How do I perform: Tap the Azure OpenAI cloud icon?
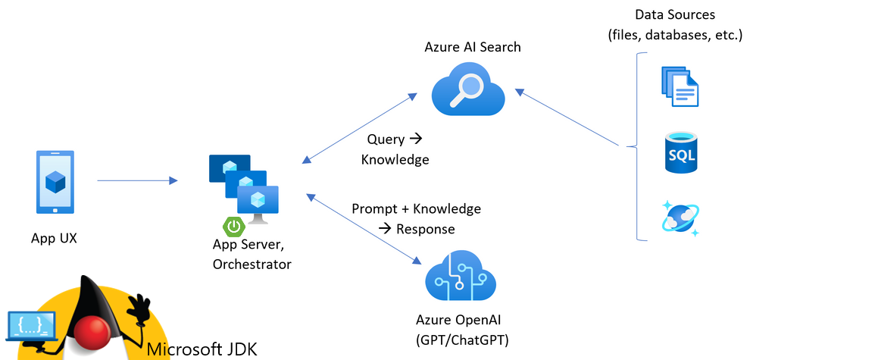(x=461, y=276)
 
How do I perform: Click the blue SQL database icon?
(x=680, y=152)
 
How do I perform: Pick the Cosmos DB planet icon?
(x=680, y=218)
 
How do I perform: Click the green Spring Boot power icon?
(x=233, y=226)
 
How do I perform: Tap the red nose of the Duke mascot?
(x=95, y=331)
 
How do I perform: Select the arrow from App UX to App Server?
(x=137, y=180)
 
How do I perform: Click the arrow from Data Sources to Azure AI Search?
(x=567, y=117)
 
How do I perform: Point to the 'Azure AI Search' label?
(x=473, y=47)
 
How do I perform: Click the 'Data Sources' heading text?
(x=674, y=14)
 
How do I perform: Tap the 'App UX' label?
(x=54, y=238)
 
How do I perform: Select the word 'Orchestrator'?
(x=252, y=264)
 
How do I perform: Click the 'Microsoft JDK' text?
(x=202, y=349)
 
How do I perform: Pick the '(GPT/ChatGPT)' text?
(x=461, y=340)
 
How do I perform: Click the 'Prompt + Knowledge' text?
(x=416, y=208)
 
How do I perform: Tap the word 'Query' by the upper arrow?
(x=385, y=139)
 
